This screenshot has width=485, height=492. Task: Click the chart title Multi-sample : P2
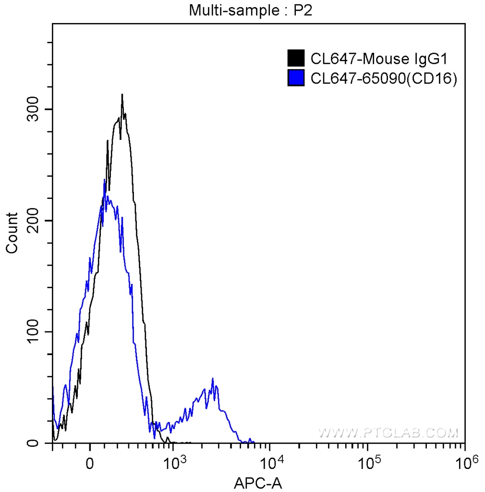pyautogui.click(x=251, y=10)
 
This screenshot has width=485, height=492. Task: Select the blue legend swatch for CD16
pyautogui.click(x=296, y=77)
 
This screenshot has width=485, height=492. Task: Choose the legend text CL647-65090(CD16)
pyautogui.click(x=383, y=78)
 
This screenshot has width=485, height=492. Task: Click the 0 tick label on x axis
pyautogui.click(x=89, y=464)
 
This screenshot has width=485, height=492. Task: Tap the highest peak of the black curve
pyautogui.click(x=122, y=95)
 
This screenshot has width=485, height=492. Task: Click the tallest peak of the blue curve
pyautogui.click(x=105, y=180)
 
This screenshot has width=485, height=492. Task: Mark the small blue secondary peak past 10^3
pyautogui.click(x=212, y=379)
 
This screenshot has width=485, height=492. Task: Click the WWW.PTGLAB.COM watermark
pyautogui.click(x=388, y=433)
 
